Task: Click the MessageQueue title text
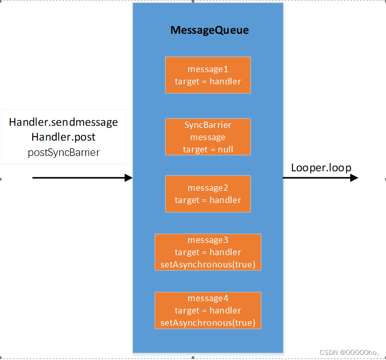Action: pyautogui.click(x=209, y=31)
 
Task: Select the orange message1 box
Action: pyautogui.click(x=208, y=75)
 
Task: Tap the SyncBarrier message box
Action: pyautogui.click(x=208, y=137)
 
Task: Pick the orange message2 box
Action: pyautogui.click(x=208, y=194)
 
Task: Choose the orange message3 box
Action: pyautogui.click(x=208, y=252)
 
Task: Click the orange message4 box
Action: pyautogui.click(x=208, y=310)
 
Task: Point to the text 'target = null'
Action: pyautogui.click(x=208, y=149)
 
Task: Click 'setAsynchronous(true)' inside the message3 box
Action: pyautogui.click(x=208, y=264)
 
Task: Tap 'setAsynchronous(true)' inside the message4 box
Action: pyautogui.click(x=208, y=323)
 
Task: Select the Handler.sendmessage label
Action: pyautogui.click(x=63, y=123)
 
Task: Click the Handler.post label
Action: pyautogui.click(x=63, y=137)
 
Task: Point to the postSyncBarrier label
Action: pyautogui.click(x=63, y=152)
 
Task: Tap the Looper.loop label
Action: pyautogui.click(x=321, y=167)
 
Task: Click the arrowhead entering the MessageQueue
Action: pyautogui.click(x=128, y=178)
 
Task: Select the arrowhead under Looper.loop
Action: pyautogui.click(x=354, y=178)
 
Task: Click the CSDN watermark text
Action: pyautogui.click(x=352, y=353)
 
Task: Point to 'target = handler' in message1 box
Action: pyautogui.click(x=208, y=81)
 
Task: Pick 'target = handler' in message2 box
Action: pyautogui.click(x=208, y=200)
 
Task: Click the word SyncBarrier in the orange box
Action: pyautogui.click(x=208, y=125)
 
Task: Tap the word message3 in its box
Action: pyautogui.click(x=208, y=240)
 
